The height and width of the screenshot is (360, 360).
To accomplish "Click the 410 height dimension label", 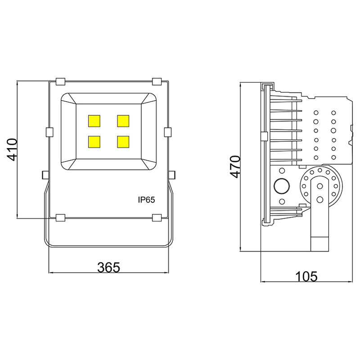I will click(x=12, y=150).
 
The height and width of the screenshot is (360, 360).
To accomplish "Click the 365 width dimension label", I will click(x=109, y=267).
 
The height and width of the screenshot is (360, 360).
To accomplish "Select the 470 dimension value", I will click(x=234, y=167).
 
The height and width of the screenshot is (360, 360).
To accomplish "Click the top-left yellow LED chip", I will click(x=95, y=121).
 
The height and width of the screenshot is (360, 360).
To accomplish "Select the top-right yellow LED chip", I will click(x=123, y=121).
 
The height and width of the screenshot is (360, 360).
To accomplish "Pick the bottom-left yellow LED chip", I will click(x=95, y=141).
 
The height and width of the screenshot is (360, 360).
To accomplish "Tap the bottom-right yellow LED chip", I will click(x=123, y=141).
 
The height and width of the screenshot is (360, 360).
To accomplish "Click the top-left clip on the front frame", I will click(x=60, y=81).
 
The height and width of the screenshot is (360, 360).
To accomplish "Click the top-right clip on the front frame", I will click(x=157, y=81).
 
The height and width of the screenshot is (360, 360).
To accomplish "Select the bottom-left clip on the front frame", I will click(x=60, y=218).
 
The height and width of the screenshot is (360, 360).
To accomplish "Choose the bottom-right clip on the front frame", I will click(x=157, y=218).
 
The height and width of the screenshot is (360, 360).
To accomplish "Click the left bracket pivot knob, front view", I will click(x=45, y=174).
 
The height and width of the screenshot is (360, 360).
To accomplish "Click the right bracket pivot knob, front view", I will click(x=172, y=174).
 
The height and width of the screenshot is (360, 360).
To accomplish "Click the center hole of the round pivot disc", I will click(x=320, y=187).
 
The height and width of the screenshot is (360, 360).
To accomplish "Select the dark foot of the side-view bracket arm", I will click(x=320, y=243).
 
